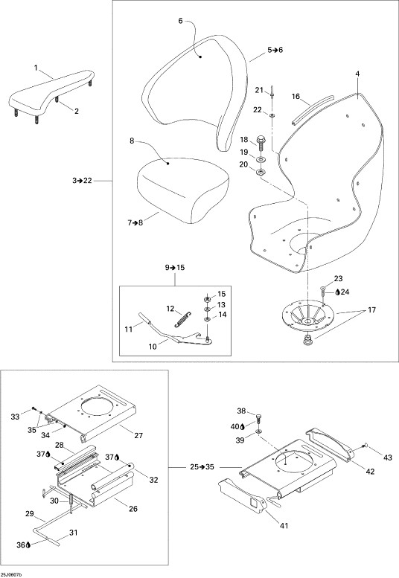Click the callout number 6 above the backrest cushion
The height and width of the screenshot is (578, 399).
(x=180, y=21)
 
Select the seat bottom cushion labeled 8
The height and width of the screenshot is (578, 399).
(x=183, y=190)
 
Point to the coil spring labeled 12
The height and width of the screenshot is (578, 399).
(x=182, y=318)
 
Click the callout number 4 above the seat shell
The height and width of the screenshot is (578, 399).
(x=357, y=74)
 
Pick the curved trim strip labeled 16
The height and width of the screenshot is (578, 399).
(x=313, y=109)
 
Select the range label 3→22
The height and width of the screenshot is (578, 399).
(x=82, y=181)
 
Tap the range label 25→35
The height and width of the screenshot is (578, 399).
(x=202, y=467)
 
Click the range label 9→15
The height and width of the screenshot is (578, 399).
(x=175, y=268)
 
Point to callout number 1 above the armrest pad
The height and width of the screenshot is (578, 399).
(x=36, y=68)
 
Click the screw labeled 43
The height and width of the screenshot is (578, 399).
(x=364, y=446)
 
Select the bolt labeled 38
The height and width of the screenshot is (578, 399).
(x=258, y=418)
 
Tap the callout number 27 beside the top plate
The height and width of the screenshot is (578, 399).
(x=138, y=435)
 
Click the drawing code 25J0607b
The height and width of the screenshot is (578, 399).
(x=12, y=575)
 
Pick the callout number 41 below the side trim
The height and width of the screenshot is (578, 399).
(x=284, y=526)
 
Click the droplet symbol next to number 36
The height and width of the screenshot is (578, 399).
(x=29, y=545)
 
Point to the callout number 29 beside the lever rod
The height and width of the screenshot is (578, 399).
(x=30, y=513)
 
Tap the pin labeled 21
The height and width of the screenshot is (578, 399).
(x=272, y=92)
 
